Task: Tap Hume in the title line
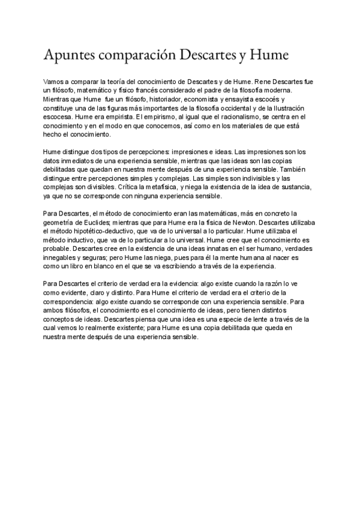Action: tap(268, 55)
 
